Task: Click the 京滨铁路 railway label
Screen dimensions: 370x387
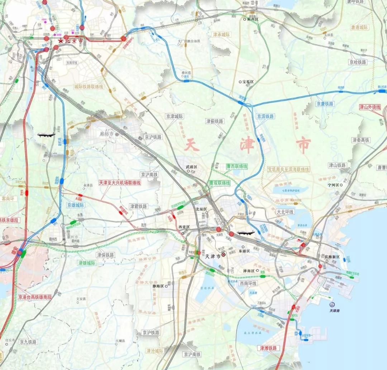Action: coord(266,116)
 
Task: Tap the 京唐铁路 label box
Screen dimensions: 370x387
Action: coord(325,104)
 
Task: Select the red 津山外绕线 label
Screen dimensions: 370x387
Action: coord(370,107)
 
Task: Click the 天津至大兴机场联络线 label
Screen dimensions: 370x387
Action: coord(120,182)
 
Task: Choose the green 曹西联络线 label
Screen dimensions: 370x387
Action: coord(237,166)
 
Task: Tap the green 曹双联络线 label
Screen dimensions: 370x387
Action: coord(220,183)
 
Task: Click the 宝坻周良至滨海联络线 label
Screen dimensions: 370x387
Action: coord(288,169)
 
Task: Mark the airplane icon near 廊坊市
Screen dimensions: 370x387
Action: coord(46,135)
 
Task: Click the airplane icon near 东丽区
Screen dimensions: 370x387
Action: coord(245,233)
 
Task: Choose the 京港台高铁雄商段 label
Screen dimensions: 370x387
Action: coord(35,297)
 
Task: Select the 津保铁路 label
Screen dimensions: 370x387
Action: coord(105,255)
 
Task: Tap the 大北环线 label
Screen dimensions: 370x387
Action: coord(285,212)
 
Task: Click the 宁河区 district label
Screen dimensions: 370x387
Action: coord(333,185)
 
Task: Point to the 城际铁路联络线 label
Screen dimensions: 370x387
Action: coord(89,87)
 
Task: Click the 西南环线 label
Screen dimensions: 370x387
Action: coord(248,283)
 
